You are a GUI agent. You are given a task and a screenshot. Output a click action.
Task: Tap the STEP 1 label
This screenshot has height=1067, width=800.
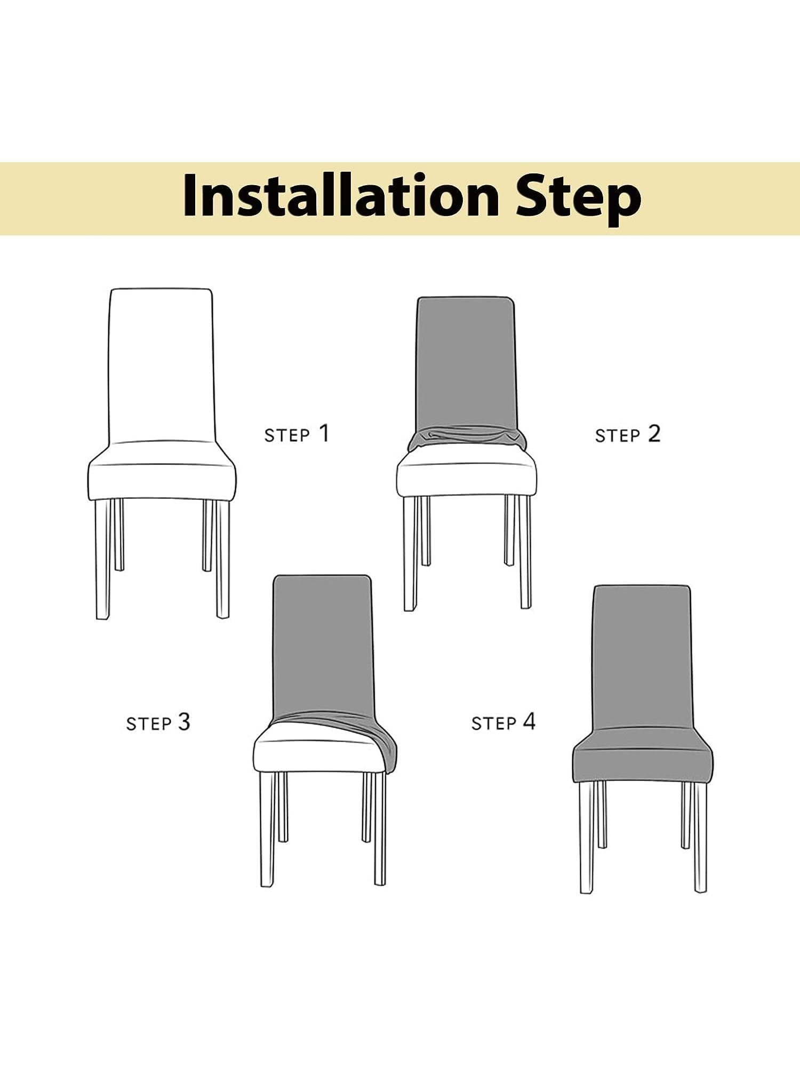pos(297,434)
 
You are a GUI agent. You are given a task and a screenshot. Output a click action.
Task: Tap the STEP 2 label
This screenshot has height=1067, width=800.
pos(628,434)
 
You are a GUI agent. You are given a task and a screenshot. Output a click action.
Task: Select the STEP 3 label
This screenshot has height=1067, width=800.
pos(158,723)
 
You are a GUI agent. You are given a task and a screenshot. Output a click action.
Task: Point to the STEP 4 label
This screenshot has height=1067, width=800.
pos(503,722)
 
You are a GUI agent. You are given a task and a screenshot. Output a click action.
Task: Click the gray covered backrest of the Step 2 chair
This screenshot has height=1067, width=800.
pos(466,363)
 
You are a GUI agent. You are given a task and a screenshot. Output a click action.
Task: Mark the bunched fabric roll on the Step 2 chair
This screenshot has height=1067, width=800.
pos(467,439)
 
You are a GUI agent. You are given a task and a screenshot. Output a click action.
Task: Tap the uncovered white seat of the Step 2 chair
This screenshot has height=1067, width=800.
pos(467,478)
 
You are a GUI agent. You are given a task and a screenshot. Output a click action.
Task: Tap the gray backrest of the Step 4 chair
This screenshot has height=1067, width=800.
pos(643,656)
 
